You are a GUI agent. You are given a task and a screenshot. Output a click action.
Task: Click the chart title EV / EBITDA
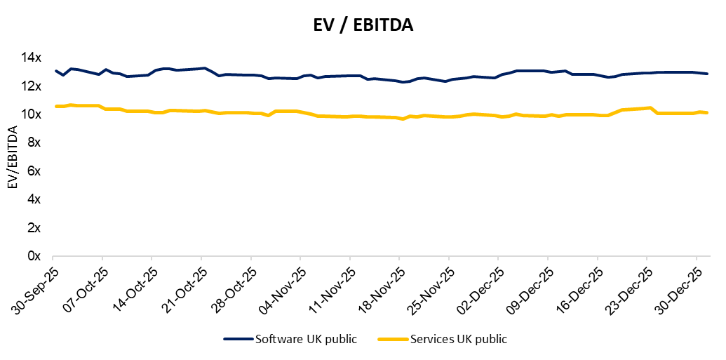(x=363, y=26)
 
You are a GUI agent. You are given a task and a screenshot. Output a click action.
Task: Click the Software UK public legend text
(x=306, y=340)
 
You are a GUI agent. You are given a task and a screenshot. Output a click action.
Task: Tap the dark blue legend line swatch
(x=238, y=340)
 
